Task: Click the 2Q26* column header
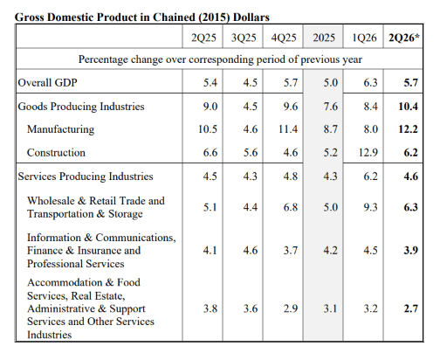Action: click(x=404, y=38)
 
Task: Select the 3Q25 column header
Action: click(x=244, y=38)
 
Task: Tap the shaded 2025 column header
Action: click(x=324, y=38)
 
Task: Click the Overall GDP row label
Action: click(x=47, y=82)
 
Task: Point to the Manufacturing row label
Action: click(x=60, y=129)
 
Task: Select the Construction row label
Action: click(x=56, y=153)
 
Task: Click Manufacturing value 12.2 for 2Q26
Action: click(x=408, y=129)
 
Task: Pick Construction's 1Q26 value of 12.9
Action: click(x=368, y=152)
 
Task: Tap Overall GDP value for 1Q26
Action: click(x=370, y=82)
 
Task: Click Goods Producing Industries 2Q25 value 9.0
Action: click(x=210, y=107)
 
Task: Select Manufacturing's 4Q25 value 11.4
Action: click(x=288, y=129)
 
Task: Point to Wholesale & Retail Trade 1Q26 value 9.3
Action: click(x=370, y=207)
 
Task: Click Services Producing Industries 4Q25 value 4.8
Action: click(x=291, y=177)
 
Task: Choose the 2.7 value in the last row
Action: click(x=410, y=308)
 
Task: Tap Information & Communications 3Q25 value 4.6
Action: click(x=251, y=250)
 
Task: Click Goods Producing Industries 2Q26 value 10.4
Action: click(x=408, y=107)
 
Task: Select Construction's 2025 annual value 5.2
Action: click(x=330, y=152)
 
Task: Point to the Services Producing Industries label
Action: click(x=86, y=177)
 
